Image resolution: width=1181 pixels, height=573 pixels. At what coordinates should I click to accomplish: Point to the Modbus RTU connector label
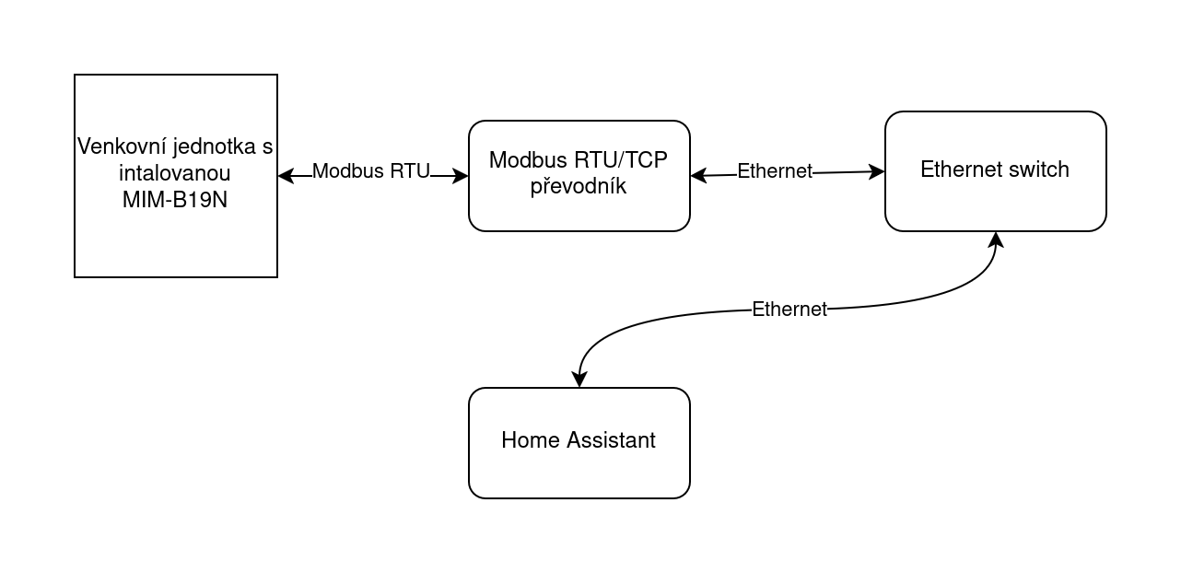click(371, 171)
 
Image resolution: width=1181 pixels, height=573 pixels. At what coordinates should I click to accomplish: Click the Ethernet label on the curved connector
click(789, 310)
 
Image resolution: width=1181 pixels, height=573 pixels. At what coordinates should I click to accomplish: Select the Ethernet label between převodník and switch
click(775, 171)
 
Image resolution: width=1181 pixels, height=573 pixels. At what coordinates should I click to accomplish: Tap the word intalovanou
click(175, 174)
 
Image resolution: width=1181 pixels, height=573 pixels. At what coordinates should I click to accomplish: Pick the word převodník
click(579, 186)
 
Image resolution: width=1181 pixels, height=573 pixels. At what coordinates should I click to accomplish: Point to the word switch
click(1038, 170)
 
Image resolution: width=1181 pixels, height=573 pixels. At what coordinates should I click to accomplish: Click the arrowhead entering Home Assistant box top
click(579, 380)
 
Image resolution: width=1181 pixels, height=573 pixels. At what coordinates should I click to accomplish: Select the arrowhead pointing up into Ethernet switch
click(996, 240)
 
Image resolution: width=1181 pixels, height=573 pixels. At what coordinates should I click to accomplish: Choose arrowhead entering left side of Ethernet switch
click(877, 171)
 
